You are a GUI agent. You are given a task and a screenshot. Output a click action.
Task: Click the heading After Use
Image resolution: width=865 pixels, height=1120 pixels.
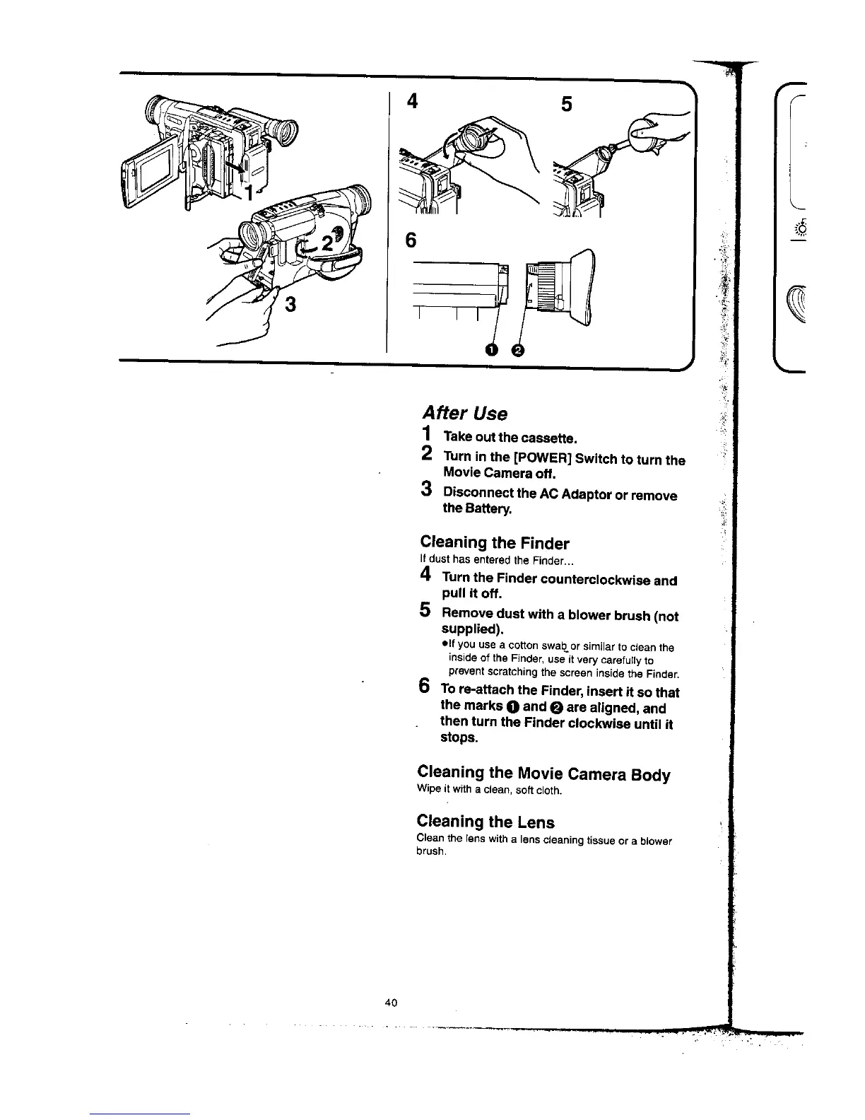[464, 412]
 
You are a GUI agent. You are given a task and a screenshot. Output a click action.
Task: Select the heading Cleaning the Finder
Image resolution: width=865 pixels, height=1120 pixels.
[494, 543]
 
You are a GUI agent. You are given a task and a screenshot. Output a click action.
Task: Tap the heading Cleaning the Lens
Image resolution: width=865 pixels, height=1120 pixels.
[486, 822]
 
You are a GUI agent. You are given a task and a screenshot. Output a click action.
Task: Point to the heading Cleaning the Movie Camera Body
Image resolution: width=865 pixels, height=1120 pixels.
[543, 774]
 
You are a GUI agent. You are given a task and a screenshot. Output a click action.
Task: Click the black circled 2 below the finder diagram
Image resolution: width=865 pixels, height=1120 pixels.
[517, 350]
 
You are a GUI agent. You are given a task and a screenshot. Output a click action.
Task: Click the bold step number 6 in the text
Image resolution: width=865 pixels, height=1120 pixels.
[424, 686]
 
